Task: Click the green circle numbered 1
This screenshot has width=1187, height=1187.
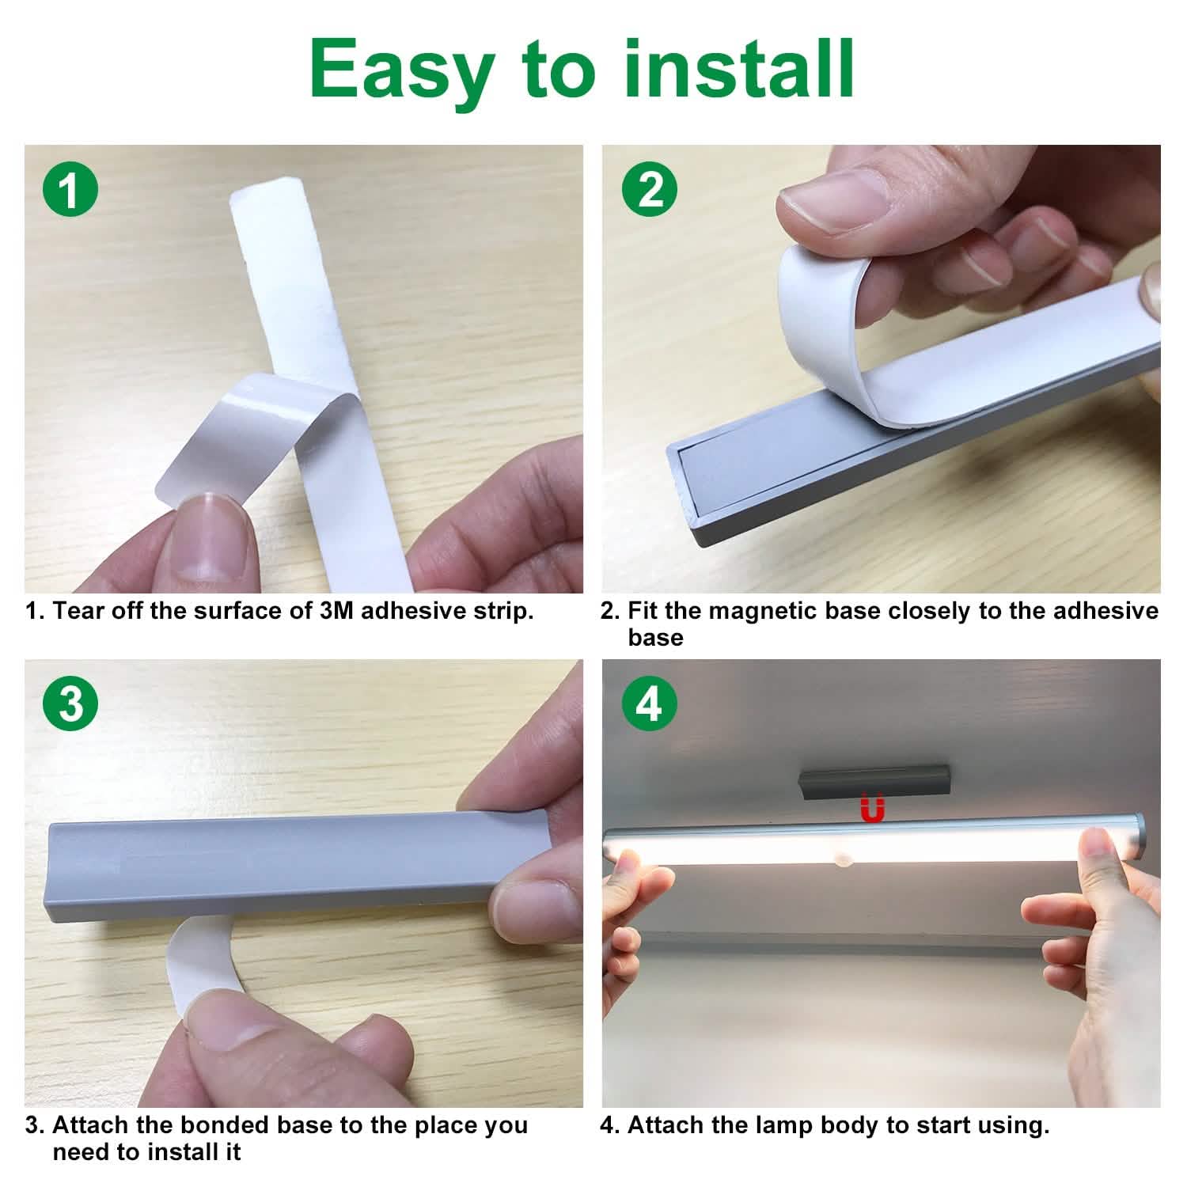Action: pos(71,191)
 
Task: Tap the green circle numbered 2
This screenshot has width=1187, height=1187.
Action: pos(649,191)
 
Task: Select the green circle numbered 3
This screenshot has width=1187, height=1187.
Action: pos(71,703)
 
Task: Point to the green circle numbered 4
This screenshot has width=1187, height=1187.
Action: pos(649,703)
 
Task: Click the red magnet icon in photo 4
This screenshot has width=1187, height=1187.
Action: pos(872,810)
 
